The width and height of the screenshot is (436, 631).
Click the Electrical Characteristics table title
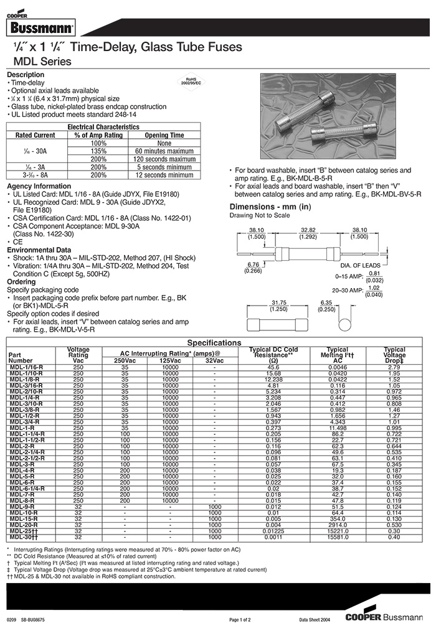(103, 127)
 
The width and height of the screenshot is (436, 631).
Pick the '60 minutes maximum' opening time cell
(164, 151)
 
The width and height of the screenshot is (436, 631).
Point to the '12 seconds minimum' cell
(164, 175)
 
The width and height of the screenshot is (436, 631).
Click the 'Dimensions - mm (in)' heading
(270, 207)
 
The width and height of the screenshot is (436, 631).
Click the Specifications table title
(214, 343)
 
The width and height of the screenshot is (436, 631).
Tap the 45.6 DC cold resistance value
(273, 367)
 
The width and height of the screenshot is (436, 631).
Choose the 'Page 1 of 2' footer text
(240, 620)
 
